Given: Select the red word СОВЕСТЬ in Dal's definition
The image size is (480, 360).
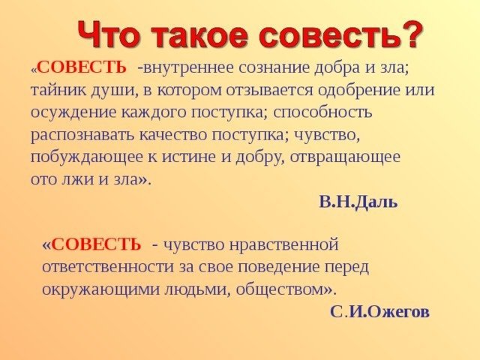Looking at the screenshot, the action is pos(82,67).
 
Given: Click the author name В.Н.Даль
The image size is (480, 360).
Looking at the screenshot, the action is pos(358,202).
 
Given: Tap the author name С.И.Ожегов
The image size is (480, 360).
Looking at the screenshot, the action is pos(379,312).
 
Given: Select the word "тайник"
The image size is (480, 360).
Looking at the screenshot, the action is pos(53,90).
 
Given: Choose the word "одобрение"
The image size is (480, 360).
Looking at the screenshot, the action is pos(358,90).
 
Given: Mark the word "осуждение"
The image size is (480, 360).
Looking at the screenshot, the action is pos(74,112).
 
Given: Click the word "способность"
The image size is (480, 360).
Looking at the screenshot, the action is pos(322,112).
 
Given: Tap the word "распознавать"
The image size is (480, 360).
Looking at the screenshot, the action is pos(82,135).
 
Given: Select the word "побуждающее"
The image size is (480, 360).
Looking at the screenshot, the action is pos(86,157).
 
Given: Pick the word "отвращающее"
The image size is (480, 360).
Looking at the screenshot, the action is pos(345,157).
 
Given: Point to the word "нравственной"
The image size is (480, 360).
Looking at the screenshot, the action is pos(283,245).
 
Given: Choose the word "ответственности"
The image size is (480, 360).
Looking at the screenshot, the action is pos(107,267).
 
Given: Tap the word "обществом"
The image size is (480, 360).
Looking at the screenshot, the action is pos(280,289).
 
